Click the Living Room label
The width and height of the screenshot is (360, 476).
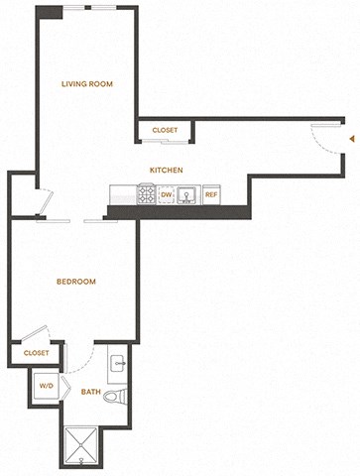(87, 84)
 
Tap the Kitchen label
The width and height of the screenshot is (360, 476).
(167, 170)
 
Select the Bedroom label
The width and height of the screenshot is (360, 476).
(76, 282)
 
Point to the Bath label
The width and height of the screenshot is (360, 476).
(91, 392)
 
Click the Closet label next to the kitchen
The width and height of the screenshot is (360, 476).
(165, 130)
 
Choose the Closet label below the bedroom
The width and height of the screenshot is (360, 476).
(37, 353)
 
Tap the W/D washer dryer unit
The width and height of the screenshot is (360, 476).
(47, 386)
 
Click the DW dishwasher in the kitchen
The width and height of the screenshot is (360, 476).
(167, 194)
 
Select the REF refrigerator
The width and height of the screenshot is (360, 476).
(211, 194)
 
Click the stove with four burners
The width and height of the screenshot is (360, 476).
(147, 194)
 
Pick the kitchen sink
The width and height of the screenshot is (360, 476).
(187, 195)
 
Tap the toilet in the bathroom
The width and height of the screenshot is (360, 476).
(116, 396)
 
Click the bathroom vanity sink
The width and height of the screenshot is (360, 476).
(118, 364)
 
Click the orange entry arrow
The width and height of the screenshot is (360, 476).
(353, 139)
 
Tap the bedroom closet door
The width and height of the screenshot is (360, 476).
(34, 333)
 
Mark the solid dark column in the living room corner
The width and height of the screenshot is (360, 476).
(50, 12)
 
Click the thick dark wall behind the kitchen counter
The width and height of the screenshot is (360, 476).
(178, 212)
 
